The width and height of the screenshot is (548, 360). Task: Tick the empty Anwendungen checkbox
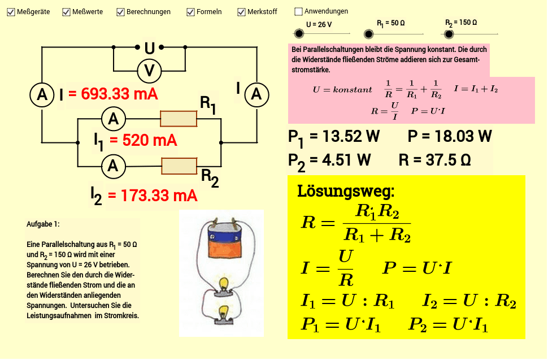pyautogui.click(x=299, y=11)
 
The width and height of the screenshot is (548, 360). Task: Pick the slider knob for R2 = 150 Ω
pyautogui.click(x=449, y=34)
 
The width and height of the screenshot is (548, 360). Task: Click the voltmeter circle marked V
pyautogui.click(x=150, y=71)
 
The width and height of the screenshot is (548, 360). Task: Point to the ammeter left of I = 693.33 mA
pyautogui.click(x=42, y=95)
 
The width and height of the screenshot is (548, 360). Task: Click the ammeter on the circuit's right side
pyautogui.click(x=256, y=95)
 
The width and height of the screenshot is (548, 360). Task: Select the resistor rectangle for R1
pyautogui.click(x=179, y=119)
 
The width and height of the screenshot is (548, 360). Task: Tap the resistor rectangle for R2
pyautogui.click(x=179, y=166)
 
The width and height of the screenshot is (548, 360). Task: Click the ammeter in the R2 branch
pyautogui.click(x=114, y=166)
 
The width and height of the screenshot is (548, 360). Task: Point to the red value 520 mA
pyautogui.click(x=143, y=141)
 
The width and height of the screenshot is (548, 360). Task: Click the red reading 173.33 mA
pyautogui.click(x=153, y=196)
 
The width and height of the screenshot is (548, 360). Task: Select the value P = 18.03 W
pyautogui.click(x=450, y=137)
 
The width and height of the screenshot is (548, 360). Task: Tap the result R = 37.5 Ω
pyautogui.click(x=434, y=161)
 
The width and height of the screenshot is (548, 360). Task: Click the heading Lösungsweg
pyautogui.click(x=346, y=191)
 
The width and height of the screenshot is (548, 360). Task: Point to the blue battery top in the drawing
pyautogui.click(x=224, y=229)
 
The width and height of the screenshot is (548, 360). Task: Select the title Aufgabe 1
pyautogui.click(x=43, y=224)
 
